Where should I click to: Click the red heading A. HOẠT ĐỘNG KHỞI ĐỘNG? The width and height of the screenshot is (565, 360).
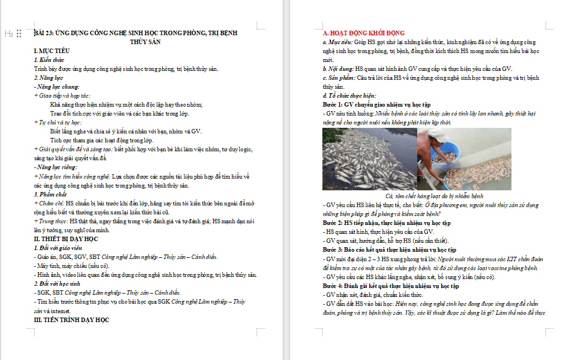coord(364,33)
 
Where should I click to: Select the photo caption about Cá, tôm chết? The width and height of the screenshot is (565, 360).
coord(434,196)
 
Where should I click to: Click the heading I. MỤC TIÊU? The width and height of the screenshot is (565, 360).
coord(52,51)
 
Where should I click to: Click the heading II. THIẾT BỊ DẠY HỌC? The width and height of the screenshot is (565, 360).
coord(66,239)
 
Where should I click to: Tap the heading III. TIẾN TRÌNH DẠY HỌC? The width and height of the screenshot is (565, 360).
coord(71,320)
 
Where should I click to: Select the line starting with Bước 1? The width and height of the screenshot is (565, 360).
coord(376,104)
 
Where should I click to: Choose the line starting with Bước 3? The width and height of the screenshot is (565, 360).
coord(389,249)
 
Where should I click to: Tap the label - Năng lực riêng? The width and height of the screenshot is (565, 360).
coord(56,167)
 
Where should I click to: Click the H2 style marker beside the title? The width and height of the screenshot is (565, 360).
coord(9,33)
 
